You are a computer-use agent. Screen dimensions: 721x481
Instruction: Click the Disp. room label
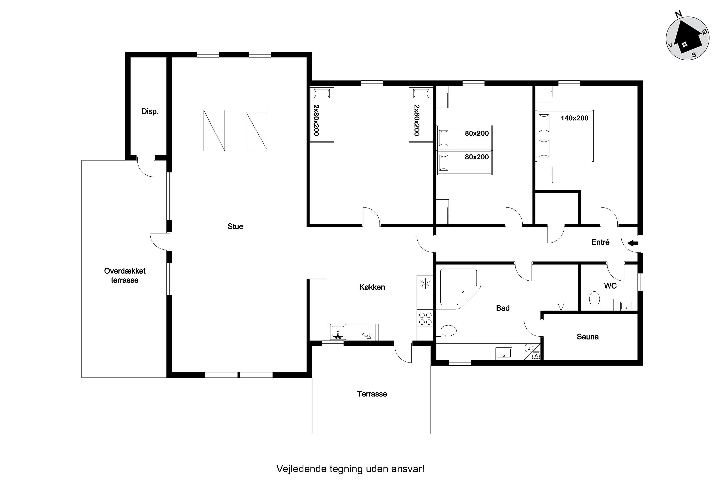150,111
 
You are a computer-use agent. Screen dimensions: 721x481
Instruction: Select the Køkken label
372,287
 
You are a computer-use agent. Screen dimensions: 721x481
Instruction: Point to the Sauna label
587,337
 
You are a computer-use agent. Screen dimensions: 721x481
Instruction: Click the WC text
610,286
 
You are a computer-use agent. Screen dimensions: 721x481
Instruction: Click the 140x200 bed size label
574,118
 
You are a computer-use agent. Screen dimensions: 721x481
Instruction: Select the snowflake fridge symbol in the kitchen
425,284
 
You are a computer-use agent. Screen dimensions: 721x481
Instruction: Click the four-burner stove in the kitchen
425,318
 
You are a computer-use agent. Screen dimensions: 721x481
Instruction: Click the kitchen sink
338,332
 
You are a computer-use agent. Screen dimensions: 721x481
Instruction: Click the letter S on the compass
694,55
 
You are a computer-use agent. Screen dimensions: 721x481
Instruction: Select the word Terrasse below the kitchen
372,394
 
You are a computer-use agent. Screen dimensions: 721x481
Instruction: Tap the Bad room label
503,308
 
